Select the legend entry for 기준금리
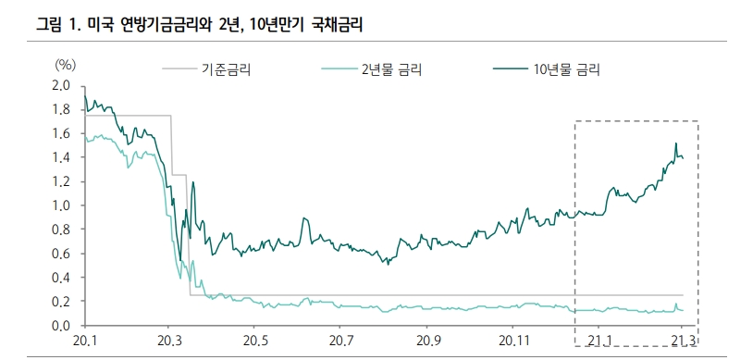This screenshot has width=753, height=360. [x=227, y=68]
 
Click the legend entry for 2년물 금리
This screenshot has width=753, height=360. [x=392, y=68]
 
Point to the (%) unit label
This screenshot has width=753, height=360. [x=65, y=65]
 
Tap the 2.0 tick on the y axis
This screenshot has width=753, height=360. [x=61, y=86]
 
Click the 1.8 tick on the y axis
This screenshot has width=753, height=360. [x=61, y=109]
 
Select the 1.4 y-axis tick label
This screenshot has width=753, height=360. [x=61, y=157]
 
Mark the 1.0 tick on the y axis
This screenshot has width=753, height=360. [x=61, y=205]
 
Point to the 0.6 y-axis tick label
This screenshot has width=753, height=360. [x=61, y=254]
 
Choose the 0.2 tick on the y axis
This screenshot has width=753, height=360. [x=61, y=302]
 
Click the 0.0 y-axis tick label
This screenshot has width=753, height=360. [x=61, y=326]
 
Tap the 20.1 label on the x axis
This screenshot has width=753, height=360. [x=84, y=342]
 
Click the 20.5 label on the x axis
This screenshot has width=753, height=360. [x=254, y=342]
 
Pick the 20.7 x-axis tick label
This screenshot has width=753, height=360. [x=340, y=342]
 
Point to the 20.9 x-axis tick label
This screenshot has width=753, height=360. [x=426, y=342]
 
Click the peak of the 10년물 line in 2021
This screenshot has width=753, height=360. [x=676, y=143]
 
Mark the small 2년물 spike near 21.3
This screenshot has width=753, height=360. [x=676, y=304]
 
